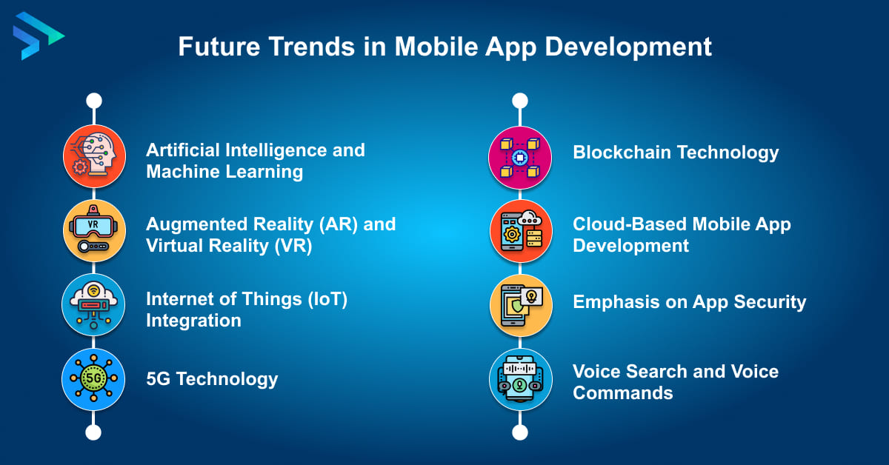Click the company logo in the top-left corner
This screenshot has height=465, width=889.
click(37, 35)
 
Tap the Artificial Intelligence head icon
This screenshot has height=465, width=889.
click(93, 156)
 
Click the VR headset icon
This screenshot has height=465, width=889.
click(93, 231)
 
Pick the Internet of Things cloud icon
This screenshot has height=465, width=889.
click(93, 305)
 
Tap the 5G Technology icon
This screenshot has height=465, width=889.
click(93, 379)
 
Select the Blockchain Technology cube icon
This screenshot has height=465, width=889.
click(520, 156)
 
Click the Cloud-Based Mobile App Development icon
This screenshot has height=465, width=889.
click(520, 231)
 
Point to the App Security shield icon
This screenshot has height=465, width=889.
click(520, 305)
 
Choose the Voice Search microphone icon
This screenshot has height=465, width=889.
click(520, 379)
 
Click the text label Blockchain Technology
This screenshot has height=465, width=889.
click(676, 153)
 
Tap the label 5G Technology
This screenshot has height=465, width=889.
click(212, 379)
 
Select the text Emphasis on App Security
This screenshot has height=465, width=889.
click(689, 301)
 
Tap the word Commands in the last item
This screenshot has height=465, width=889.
click(622, 392)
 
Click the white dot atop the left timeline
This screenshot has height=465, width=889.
click(93, 100)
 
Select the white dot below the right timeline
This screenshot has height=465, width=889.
click(520, 432)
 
